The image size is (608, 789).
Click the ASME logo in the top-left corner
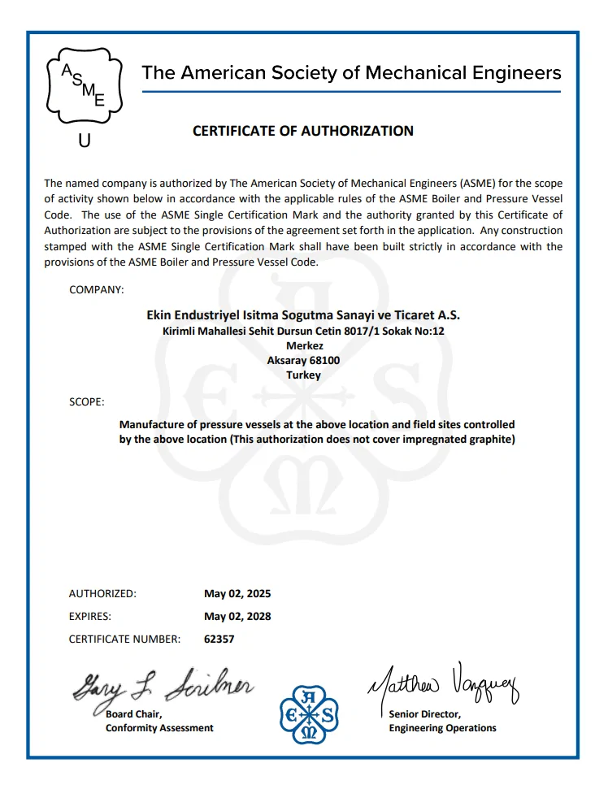(84, 84)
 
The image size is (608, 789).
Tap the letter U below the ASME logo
(84, 141)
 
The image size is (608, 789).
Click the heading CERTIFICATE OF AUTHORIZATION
(303, 131)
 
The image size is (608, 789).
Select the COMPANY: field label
(97, 290)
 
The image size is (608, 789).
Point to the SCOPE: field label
(86, 402)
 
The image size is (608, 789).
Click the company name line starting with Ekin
(303, 314)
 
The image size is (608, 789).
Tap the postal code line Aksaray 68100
(303, 360)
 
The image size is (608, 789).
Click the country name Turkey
(303, 375)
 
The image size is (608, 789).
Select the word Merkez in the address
(303, 345)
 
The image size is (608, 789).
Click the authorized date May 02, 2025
(237, 593)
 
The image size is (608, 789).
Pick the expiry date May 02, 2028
(237, 616)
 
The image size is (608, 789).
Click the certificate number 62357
(219, 639)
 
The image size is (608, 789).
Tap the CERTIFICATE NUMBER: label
(124, 639)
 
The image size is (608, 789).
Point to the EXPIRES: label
(89, 616)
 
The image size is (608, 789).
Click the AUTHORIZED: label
(102, 593)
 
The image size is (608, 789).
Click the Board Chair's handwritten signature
(163, 687)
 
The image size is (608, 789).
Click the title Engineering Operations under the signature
(442, 728)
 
